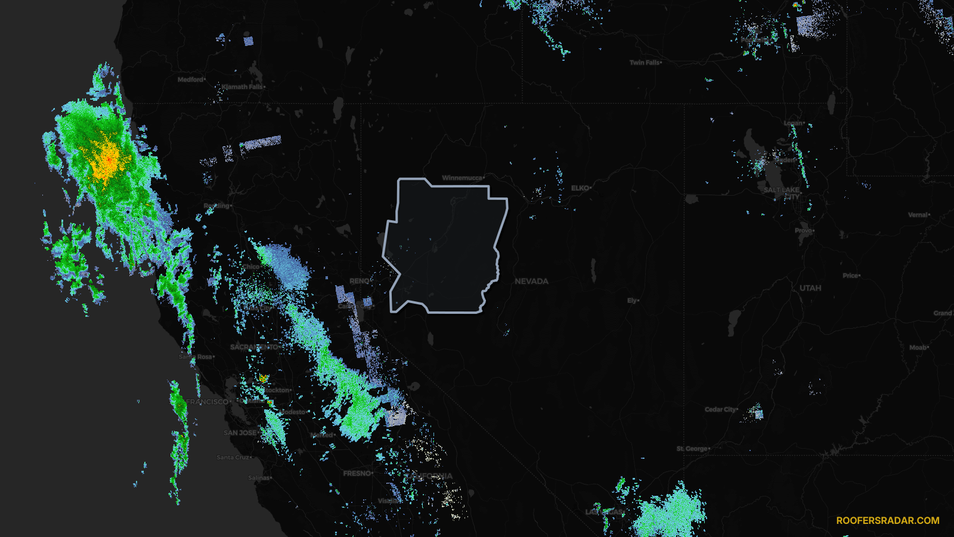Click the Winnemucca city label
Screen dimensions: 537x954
coord(463,178)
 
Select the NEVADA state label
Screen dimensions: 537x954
coord(531,281)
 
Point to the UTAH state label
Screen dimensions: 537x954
coord(810,288)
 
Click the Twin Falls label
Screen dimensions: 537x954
coord(645,63)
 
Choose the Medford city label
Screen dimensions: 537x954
coord(191,79)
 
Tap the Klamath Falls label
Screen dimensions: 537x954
coord(243,87)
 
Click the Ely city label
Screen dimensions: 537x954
coord(632,301)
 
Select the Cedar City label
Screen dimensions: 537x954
coord(721,409)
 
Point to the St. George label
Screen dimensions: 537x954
coord(693,449)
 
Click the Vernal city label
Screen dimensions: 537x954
coord(918,215)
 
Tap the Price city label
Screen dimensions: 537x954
coord(851,276)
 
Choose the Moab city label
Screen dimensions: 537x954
coord(918,347)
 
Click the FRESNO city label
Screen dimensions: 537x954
coord(358,473)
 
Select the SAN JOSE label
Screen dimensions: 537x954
coord(240,433)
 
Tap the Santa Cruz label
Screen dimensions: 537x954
coord(234,458)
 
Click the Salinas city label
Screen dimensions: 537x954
coord(259,478)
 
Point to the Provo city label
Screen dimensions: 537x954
coord(804,230)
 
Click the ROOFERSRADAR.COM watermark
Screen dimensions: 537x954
coord(887,520)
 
